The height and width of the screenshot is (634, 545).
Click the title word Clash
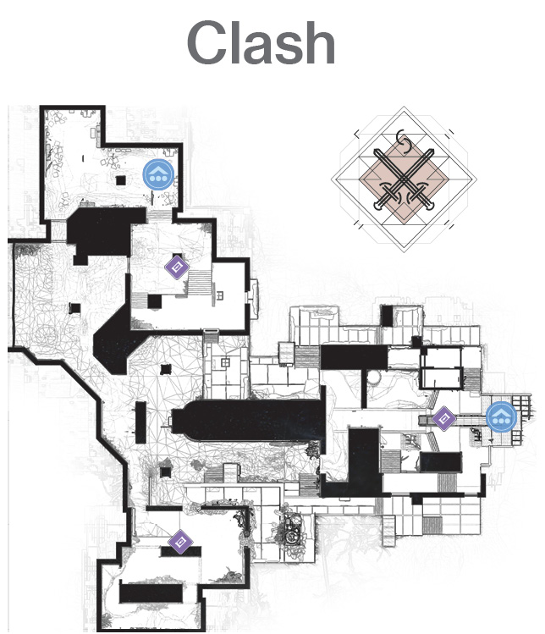pyautogui.click(x=261, y=42)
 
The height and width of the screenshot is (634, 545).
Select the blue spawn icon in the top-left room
pyautogui.click(x=158, y=174)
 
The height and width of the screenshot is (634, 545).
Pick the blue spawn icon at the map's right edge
pyautogui.click(x=501, y=416)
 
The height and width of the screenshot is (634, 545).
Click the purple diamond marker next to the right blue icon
pyautogui.click(x=444, y=418)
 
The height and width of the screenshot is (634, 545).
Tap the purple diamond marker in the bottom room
pyautogui.click(x=180, y=542)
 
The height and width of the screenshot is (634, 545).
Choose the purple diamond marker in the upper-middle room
pyautogui.click(x=177, y=267)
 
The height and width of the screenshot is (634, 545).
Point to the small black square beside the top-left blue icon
pyautogui.click(x=120, y=180)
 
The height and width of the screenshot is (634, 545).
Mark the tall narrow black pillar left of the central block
pyautogui.click(x=140, y=422)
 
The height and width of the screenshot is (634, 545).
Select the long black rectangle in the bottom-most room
pyautogui.click(x=151, y=593)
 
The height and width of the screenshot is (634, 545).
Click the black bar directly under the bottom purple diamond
pyautogui.click(x=181, y=551)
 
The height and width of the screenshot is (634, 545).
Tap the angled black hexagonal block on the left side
pyautogui.click(x=117, y=345)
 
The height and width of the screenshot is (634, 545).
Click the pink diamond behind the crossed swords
pyautogui.click(x=404, y=179)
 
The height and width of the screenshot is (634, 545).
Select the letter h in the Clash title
pyautogui.click(x=317, y=43)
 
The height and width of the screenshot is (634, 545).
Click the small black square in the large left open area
pyautogui.click(x=74, y=308)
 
